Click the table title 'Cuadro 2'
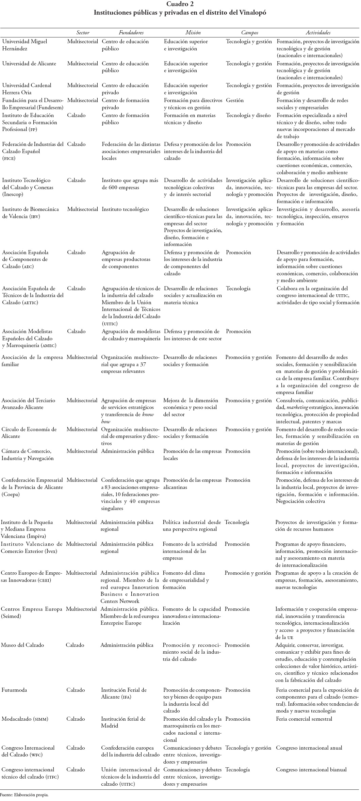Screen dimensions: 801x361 tap(180, 4)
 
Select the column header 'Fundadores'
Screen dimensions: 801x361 tap(131, 33)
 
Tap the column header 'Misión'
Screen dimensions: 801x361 tap(193, 33)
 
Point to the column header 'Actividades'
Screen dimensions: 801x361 tap(318, 33)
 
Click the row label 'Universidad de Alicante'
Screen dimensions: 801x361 tap(29, 64)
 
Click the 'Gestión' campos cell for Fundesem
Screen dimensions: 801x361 tap(235, 100)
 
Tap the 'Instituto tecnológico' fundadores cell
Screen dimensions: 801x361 tap(125, 209)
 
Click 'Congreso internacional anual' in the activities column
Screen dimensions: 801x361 tap(309, 738)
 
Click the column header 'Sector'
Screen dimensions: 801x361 tap(83, 33)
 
